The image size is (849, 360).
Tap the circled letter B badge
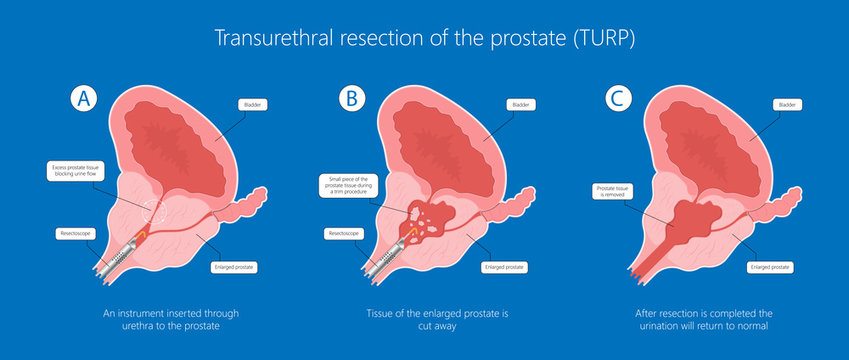[351, 98]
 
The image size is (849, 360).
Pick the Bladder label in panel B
[519, 104]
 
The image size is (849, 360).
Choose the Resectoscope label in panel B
[343, 234]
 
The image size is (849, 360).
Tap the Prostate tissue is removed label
[613, 191]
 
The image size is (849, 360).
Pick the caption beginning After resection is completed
[706, 320]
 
